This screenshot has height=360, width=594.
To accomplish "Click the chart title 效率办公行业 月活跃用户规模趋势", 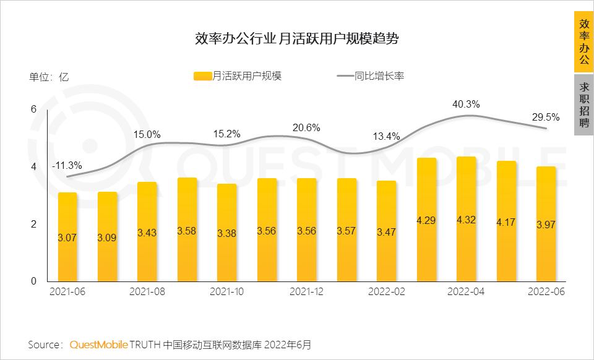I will (x=296, y=40).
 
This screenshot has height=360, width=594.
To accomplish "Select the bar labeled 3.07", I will (x=67, y=237).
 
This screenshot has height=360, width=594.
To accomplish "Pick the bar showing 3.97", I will (x=545, y=225).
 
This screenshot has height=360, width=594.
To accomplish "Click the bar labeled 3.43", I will (x=147, y=232).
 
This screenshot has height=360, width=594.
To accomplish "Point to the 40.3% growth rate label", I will (x=466, y=104).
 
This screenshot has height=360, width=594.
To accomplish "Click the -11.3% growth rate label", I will (x=67, y=165).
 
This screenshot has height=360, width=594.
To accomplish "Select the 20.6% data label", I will (x=306, y=128).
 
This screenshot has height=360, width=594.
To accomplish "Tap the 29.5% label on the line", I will (x=546, y=117).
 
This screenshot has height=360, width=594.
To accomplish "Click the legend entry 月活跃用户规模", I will (x=238, y=76).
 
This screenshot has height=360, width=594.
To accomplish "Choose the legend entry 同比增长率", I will (x=371, y=76).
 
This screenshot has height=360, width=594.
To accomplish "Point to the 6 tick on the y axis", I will (x=33, y=109).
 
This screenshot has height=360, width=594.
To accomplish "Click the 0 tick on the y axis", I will (x=33, y=281).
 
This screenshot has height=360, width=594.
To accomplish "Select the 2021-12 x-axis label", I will (x=306, y=291).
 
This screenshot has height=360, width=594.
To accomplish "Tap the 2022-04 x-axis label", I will (x=465, y=291).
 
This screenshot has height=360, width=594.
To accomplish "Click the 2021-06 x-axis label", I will (x=67, y=291).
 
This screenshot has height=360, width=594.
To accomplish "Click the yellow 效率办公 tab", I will (x=583, y=42).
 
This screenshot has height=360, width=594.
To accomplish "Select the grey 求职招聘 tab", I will (x=583, y=105).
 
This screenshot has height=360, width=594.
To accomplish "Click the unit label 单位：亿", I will (x=49, y=77).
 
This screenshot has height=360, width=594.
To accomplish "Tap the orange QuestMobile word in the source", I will (x=98, y=344).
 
